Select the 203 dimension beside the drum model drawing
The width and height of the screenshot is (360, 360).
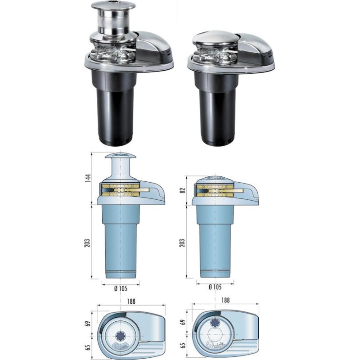point(88,242)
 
